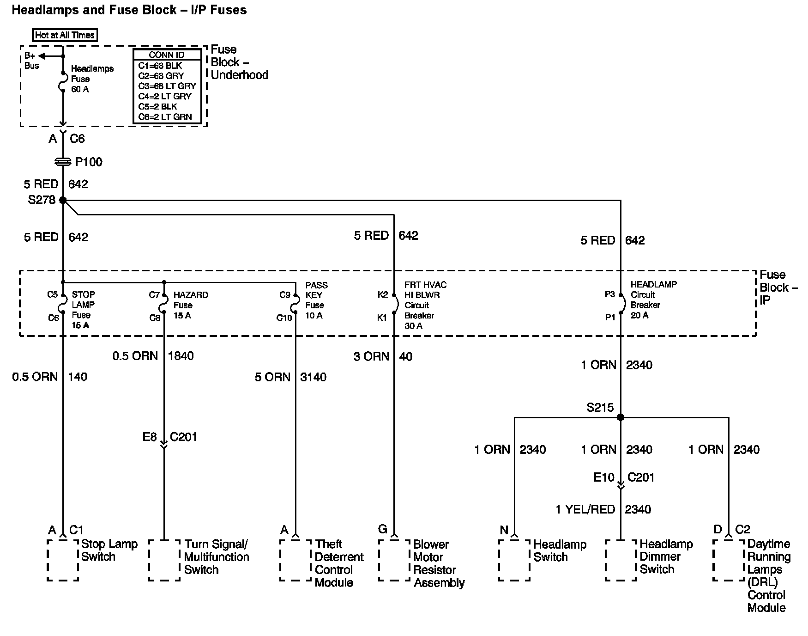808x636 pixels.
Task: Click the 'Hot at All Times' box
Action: point(65,35)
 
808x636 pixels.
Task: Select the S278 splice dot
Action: point(63,200)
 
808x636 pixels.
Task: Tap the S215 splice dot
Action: point(621,417)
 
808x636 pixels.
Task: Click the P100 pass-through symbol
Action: point(63,162)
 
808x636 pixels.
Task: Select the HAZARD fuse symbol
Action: point(163,306)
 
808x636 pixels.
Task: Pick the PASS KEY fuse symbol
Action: point(295,306)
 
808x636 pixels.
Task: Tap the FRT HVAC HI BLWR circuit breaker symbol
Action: point(395,305)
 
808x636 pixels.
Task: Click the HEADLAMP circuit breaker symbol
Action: point(621,304)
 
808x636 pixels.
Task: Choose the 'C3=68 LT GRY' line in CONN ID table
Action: point(167,86)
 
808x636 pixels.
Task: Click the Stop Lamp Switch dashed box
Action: point(63,560)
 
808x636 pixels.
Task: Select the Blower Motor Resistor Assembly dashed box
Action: point(394,560)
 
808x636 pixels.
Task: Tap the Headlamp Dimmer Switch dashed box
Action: point(621,560)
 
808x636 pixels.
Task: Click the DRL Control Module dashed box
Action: point(729,560)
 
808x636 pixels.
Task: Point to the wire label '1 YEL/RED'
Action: point(585,509)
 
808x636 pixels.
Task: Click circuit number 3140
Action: point(313,377)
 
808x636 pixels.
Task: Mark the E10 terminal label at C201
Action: point(604,477)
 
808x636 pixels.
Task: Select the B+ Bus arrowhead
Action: point(42,56)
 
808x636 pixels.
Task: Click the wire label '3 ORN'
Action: point(371,356)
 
